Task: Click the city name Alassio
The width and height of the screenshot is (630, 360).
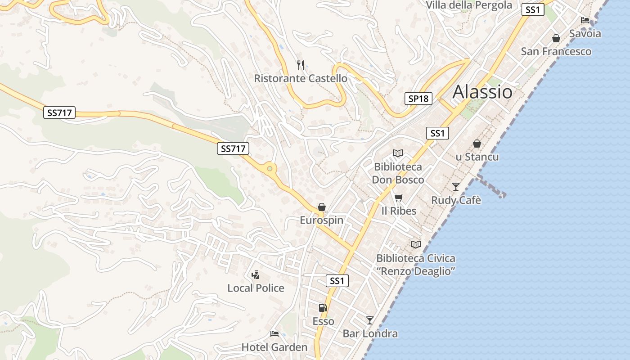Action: [x=482, y=92]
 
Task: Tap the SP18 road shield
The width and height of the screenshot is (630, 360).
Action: [x=418, y=99]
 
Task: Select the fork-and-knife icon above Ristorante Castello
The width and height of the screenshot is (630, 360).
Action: [x=301, y=65]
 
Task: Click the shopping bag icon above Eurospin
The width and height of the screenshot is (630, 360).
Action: [x=322, y=207]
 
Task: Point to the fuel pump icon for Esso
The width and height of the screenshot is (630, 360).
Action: [x=323, y=308]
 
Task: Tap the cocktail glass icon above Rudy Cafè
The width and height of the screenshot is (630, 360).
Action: [x=456, y=186]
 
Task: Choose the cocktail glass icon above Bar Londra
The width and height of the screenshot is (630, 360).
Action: [x=370, y=320]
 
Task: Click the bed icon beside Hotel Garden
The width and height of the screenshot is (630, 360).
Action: [x=274, y=333]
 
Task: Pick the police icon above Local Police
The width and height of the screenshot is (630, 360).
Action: [x=256, y=274]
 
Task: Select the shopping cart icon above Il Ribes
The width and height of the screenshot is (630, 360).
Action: [x=398, y=198]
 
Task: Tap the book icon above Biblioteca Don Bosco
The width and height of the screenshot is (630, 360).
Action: [x=397, y=153]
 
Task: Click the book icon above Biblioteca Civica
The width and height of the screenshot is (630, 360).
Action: [x=416, y=244]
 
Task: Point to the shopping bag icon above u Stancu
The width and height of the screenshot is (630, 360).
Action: [x=477, y=144]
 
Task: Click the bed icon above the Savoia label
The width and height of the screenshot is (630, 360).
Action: [x=585, y=20]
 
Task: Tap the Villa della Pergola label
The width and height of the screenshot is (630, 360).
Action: [x=469, y=5]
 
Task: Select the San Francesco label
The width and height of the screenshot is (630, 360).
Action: [x=556, y=51]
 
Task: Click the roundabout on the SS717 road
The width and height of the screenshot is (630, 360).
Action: [x=270, y=169]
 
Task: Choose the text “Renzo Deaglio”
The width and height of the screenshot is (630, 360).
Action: [x=416, y=271]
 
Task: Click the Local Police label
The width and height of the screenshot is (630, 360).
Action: [x=256, y=288]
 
